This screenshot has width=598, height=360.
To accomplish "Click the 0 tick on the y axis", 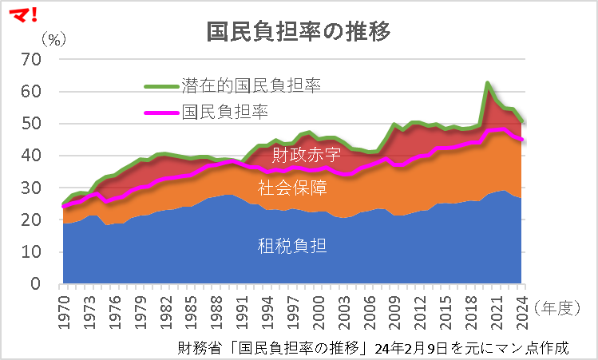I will point(36,284).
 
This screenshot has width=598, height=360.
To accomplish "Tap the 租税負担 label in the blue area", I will point(291,245).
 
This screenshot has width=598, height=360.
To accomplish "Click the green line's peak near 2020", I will point(487,83).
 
